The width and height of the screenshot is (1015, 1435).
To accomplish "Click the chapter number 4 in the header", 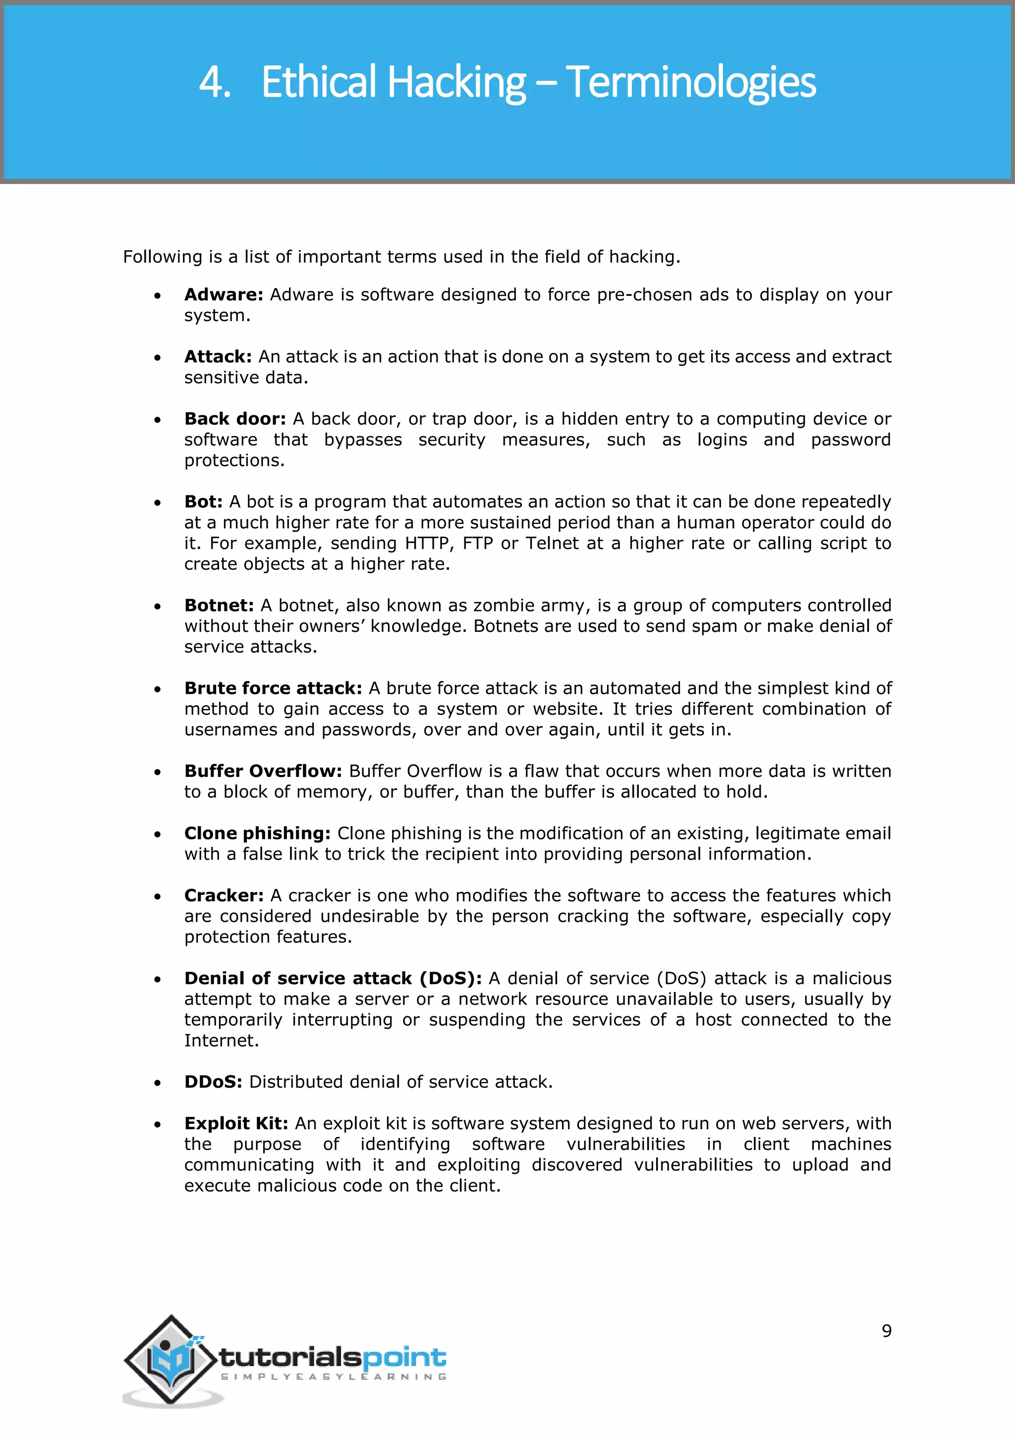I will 213,82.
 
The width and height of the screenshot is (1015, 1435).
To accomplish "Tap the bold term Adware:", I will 223,294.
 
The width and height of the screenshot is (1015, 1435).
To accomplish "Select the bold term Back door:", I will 234,419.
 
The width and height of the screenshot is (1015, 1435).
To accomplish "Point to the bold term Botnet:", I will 219,605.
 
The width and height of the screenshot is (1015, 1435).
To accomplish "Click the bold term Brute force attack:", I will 273,688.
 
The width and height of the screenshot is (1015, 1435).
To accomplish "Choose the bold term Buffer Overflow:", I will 263,771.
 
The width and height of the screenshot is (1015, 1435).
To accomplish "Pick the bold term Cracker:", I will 224,895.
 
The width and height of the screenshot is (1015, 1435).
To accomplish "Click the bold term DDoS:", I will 213,1082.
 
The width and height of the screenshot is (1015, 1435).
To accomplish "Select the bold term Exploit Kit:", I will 235,1123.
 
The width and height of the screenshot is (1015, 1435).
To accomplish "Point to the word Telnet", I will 552,543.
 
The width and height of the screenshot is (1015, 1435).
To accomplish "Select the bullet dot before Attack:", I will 158,357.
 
